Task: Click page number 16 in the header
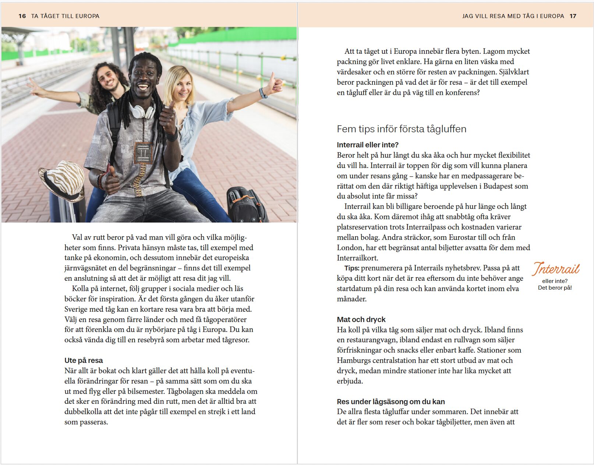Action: click(x=22, y=16)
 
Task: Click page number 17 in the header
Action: click(x=573, y=16)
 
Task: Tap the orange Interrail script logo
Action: click(x=556, y=269)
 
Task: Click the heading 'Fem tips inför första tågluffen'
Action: click(x=402, y=129)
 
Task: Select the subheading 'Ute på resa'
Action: click(x=84, y=360)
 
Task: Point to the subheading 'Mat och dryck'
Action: click(x=361, y=319)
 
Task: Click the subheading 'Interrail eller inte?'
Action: click(x=368, y=145)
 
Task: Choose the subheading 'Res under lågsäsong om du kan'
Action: click(x=391, y=402)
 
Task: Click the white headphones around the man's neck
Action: click(x=142, y=111)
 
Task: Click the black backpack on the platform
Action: click(x=247, y=204)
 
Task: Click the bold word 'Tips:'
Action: click(x=352, y=268)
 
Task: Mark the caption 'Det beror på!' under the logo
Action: click(x=555, y=288)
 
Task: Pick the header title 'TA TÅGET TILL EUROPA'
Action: click(x=65, y=16)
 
